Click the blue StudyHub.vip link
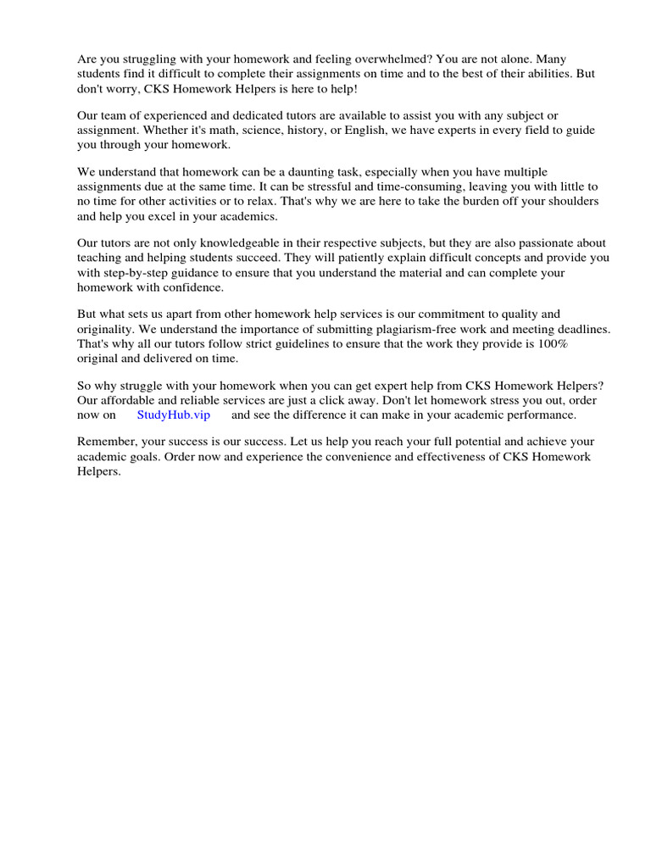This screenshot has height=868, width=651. pos(173,415)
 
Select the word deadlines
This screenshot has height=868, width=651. pos(573,328)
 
